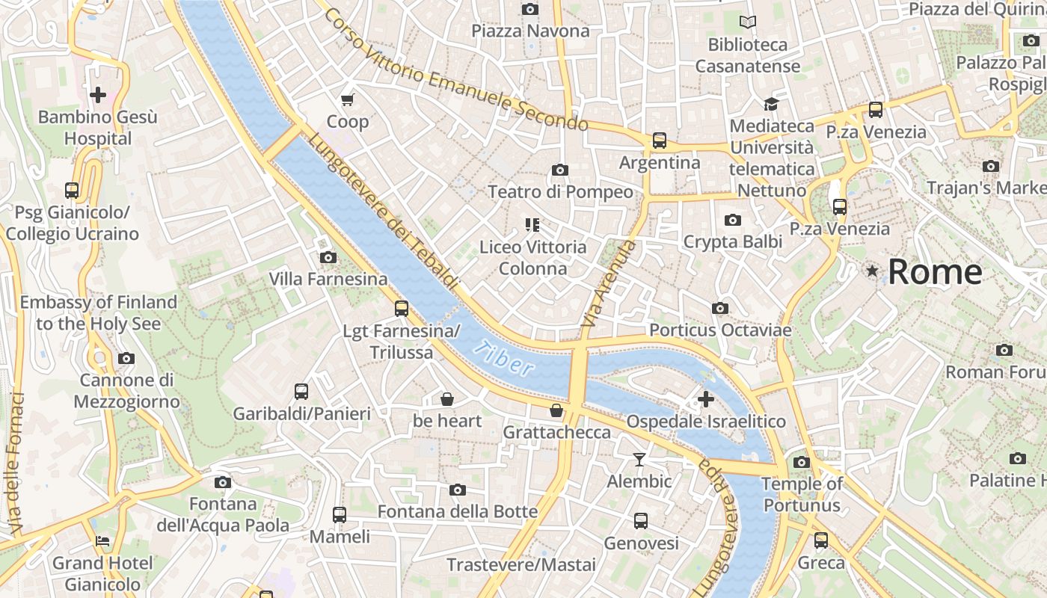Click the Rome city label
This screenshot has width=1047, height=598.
(x=935, y=271)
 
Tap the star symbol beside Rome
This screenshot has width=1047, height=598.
(x=872, y=271)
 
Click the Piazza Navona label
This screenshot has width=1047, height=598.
(x=530, y=31)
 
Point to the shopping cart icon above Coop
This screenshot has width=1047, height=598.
(x=347, y=99)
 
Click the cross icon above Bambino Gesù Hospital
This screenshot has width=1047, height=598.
(x=98, y=95)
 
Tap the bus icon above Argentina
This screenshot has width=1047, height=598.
(x=659, y=141)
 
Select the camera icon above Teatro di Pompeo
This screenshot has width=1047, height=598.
(x=559, y=170)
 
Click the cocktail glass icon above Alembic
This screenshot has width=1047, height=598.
(x=639, y=459)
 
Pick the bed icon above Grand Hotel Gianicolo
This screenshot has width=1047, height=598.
(x=102, y=540)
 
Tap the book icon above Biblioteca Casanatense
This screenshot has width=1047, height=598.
(x=747, y=22)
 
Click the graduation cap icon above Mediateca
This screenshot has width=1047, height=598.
(x=771, y=104)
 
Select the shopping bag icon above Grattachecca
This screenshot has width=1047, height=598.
(x=556, y=410)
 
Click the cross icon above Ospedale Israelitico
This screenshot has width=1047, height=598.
(x=705, y=399)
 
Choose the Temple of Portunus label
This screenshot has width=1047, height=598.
(x=802, y=494)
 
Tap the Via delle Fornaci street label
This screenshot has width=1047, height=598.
(x=16, y=463)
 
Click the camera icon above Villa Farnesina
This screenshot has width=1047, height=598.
(x=328, y=257)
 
